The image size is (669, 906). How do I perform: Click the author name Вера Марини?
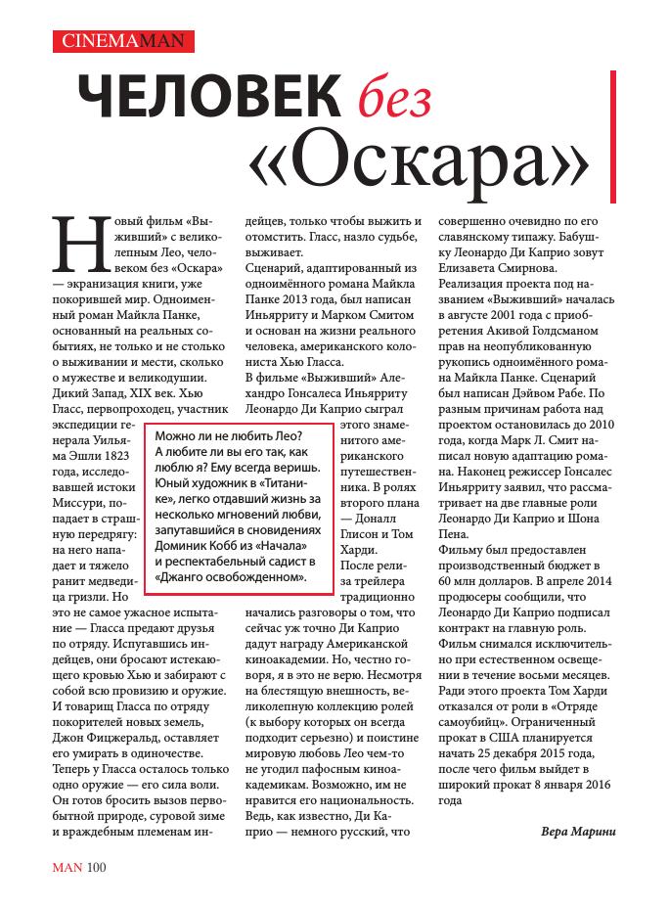point(578,831)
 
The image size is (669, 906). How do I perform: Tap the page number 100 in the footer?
point(96,866)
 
